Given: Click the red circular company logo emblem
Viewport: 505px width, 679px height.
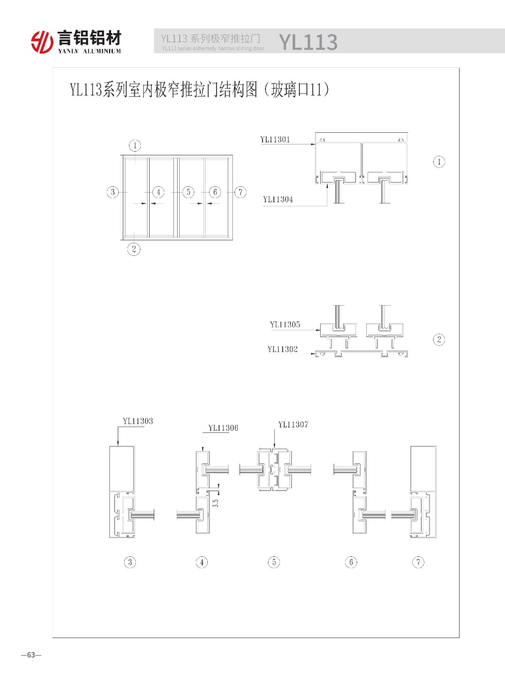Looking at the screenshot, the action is click(x=42, y=42).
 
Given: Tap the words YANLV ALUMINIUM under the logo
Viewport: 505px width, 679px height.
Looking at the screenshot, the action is click(x=89, y=51).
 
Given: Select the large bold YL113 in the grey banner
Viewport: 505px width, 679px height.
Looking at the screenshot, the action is click(x=308, y=42).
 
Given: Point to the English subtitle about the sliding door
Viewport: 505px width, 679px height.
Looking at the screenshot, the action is click(x=213, y=48).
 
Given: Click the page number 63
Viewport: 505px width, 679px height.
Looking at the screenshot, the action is click(x=31, y=655).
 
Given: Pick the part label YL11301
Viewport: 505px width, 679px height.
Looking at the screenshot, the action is click(x=275, y=140).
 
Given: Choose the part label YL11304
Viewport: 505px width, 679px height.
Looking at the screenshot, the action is click(x=278, y=199).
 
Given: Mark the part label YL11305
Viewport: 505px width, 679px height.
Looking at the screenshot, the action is click(x=285, y=325).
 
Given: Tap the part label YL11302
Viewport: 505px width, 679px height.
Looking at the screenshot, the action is click(x=283, y=349).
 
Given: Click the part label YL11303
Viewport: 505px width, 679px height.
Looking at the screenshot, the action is click(x=138, y=421).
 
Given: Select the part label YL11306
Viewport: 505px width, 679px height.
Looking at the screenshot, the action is click(x=223, y=428).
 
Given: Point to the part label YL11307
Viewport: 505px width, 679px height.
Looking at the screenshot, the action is click(x=293, y=424).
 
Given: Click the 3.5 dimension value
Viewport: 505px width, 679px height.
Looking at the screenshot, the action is click(x=216, y=503).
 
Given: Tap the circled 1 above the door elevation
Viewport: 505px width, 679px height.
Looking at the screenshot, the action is click(x=135, y=145).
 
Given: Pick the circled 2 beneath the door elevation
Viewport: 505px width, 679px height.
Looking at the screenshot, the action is click(x=134, y=249).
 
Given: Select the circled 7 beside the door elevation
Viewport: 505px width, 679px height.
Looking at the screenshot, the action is click(x=240, y=192).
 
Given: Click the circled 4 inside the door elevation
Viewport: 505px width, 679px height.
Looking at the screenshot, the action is click(x=158, y=192).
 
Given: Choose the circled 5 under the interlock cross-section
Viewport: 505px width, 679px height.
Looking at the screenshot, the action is click(x=274, y=562).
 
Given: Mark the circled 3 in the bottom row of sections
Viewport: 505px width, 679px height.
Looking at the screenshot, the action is click(x=130, y=562).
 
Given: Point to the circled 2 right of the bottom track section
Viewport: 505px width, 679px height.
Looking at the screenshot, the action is click(x=439, y=339).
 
